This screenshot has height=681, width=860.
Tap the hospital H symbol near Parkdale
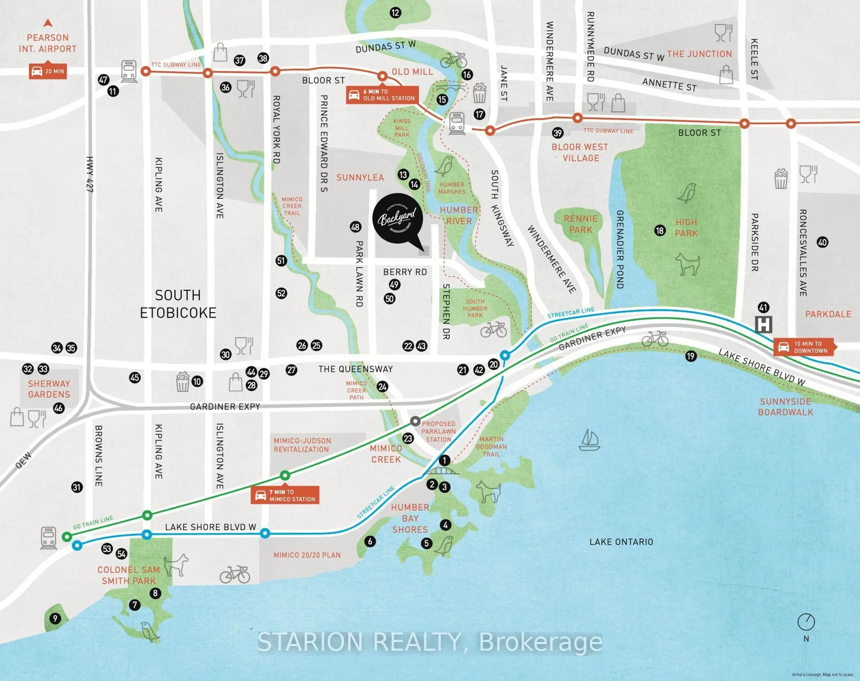[763, 324]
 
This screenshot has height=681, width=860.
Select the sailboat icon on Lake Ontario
[589, 440]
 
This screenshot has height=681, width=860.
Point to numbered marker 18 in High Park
[660, 230]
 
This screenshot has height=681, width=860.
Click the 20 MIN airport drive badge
[48, 71]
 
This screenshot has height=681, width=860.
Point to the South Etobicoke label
[178, 304]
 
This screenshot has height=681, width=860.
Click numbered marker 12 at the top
[395, 13]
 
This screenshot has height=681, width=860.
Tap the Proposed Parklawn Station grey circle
[415, 421]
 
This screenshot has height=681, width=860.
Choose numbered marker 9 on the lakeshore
[55, 618]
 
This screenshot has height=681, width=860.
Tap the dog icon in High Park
[687, 264]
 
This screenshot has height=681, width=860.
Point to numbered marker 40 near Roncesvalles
[822, 242]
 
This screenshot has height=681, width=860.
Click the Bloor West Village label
[580, 152]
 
